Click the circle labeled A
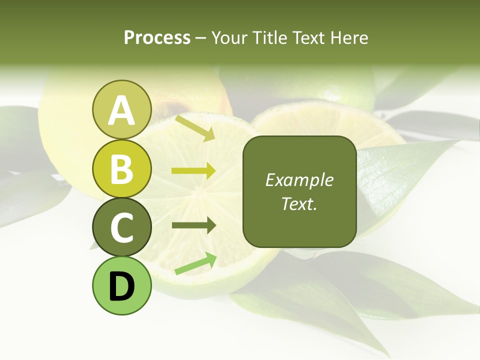(x=122, y=109)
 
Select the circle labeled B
(x=122, y=168)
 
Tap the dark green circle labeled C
(x=122, y=227)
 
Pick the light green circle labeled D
(x=122, y=285)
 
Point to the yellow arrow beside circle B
(x=193, y=171)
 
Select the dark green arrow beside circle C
(x=193, y=225)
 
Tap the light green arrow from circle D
(x=195, y=264)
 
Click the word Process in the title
(x=157, y=38)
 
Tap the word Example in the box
(x=299, y=180)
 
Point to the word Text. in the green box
(x=299, y=203)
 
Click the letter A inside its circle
(x=122, y=110)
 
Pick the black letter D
(x=122, y=286)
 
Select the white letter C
(x=122, y=227)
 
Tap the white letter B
(x=122, y=169)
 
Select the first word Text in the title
(x=307, y=38)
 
